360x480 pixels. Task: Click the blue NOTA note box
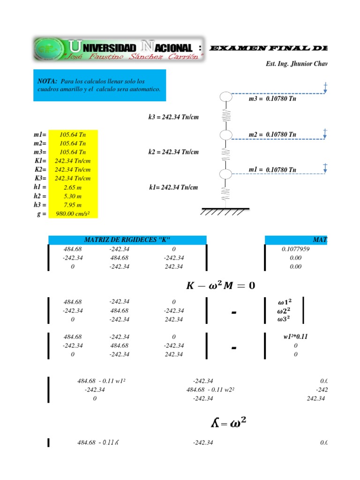(x=100, y=85)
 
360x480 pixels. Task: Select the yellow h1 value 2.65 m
(x=73, y=187)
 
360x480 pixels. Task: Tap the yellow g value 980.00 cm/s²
(x=73, y=214)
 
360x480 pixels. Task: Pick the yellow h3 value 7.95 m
(x=73, y=205)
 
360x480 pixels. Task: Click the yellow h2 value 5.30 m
(x=73, y=196)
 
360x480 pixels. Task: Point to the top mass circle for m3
(x=226, y=97)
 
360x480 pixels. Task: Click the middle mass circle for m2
(x=226, y=135)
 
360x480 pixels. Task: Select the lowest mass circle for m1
(x=226, y=174)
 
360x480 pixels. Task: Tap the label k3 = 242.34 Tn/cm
(x=173, y=117)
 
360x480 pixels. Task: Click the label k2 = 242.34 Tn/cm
(x=173, y=152)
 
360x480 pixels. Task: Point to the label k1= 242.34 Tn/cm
(x=173, y=187)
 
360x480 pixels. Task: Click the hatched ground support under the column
(x=225, y=211)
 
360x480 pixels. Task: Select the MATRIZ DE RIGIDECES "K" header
(x=127, y=240)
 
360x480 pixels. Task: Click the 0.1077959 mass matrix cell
(x=295, y=249)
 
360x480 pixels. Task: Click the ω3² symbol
(x=284, y=320)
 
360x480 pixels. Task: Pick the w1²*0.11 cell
(x=295, y=337)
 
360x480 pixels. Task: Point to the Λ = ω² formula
(x=228, y=424)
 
